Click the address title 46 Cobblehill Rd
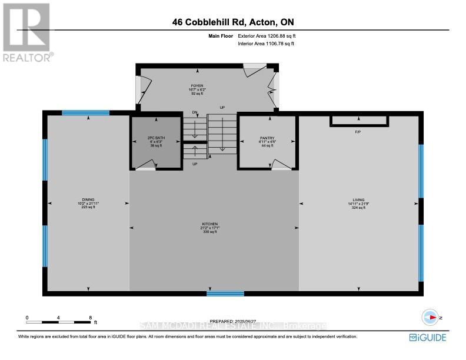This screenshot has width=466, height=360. pyautogui.click(x=233, y=23)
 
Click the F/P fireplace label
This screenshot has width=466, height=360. pyautogui.click(x=357, y=132)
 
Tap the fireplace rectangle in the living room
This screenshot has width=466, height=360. pyautogui.click(x=359, y=121)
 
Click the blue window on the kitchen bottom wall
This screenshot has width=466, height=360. pyautogui.click(x=225, y=293)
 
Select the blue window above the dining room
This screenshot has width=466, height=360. pyautogui.click(x=86, y=113)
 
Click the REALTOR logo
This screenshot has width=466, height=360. pyautogui.click(x=26, y=33)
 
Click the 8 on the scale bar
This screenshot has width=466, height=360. pyautogui.click(x=90, y=318)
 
